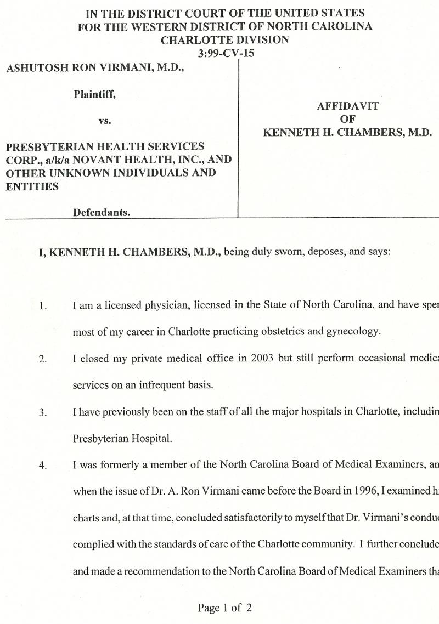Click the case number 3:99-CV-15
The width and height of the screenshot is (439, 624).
[x=226, y=54]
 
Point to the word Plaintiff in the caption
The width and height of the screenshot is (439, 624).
[x=94, y=94]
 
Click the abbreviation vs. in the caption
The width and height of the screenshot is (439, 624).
[x=105, y=121]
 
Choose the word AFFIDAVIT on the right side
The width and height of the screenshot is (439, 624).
[x=348, y=106]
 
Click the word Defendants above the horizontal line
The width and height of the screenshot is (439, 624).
[x=102, y=213]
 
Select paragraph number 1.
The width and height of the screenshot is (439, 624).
[x=43, y=306]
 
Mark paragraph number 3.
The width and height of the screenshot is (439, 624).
[x=43, y=412]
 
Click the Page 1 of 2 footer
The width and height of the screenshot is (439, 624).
[x=225, y=608]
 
